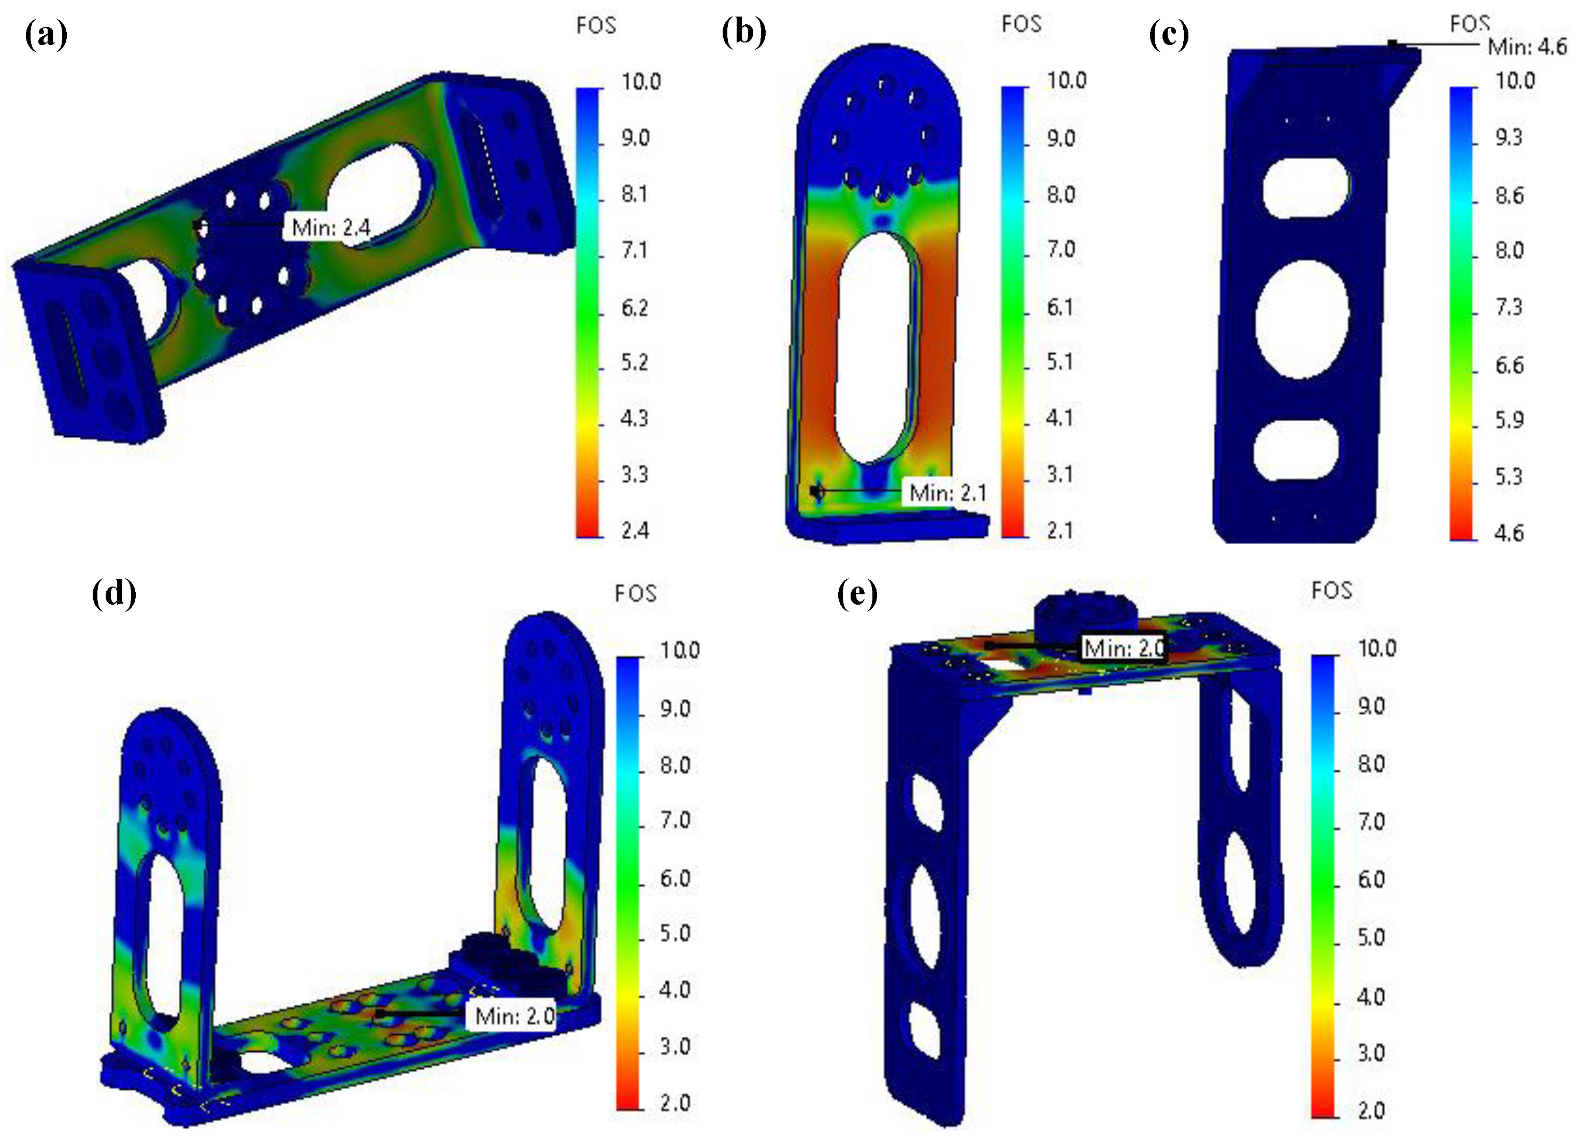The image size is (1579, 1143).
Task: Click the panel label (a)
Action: click(46, 35)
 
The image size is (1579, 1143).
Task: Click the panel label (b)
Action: click(743, 33)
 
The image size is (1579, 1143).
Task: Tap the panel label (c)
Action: click(1169, 35)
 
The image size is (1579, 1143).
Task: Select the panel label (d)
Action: click(114, 593)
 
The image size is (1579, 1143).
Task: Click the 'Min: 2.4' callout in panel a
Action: click(331, 227)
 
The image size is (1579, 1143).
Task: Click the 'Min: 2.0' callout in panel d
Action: click(514, 1016)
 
